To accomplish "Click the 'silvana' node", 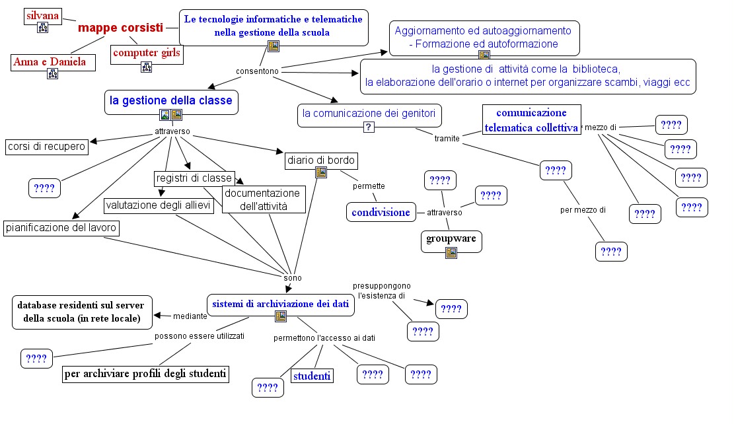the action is (42, 16).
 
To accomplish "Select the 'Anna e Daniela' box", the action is (53, 62).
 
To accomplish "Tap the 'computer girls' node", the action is (147, 53).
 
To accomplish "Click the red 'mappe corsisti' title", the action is (120, 28).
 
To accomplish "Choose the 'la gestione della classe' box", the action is (171, 102).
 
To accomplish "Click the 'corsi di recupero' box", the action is (46, 147).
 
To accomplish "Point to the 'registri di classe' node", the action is (194, 178).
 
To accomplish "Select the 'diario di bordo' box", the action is (321, 160).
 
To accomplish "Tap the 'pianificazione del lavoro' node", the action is (61, 228).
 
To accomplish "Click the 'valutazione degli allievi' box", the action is (158, 205).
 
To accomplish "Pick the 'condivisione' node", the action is (381, 213).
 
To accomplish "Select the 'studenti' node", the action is (312, 376).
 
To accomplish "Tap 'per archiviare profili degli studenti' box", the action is (145, 374).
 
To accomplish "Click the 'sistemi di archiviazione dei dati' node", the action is (280, 305).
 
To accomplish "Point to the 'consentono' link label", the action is (257, 71).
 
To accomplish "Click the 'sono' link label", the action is (293, 278).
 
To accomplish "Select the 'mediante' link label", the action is (190, 316).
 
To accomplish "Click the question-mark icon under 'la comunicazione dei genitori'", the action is (369, 127).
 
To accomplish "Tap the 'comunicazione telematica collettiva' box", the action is (531, 120).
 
